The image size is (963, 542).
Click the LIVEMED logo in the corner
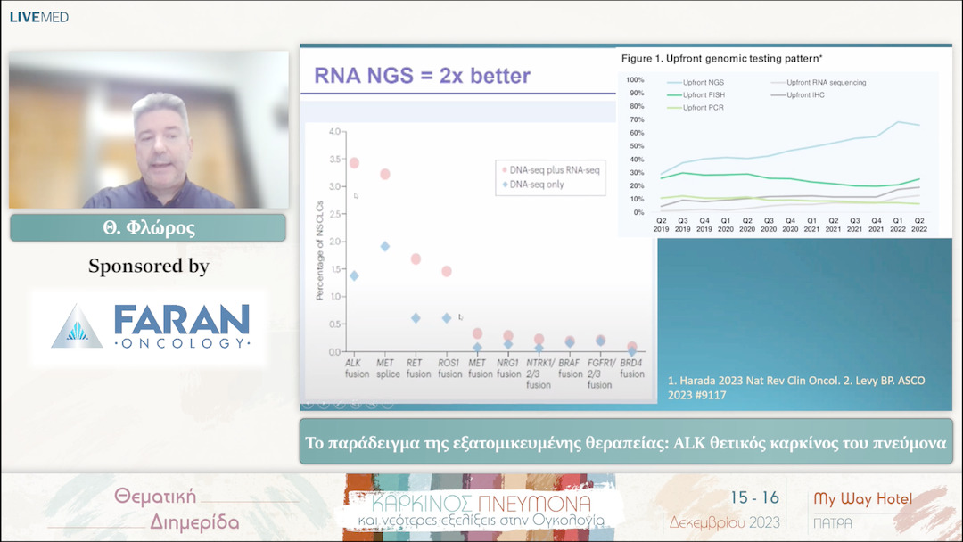(38, 17)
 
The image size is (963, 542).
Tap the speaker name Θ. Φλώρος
(148, 228)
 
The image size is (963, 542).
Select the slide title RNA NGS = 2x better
(422, 76)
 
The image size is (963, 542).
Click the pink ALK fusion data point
(354, 163)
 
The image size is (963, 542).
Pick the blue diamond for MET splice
(385, 246)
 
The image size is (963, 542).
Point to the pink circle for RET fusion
(416, 259)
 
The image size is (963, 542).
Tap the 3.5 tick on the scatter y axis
(335, 159)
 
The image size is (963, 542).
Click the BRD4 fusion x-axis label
(631, 369)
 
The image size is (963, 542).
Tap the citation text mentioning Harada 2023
(796, 387)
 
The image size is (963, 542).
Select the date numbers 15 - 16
(755, 498)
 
